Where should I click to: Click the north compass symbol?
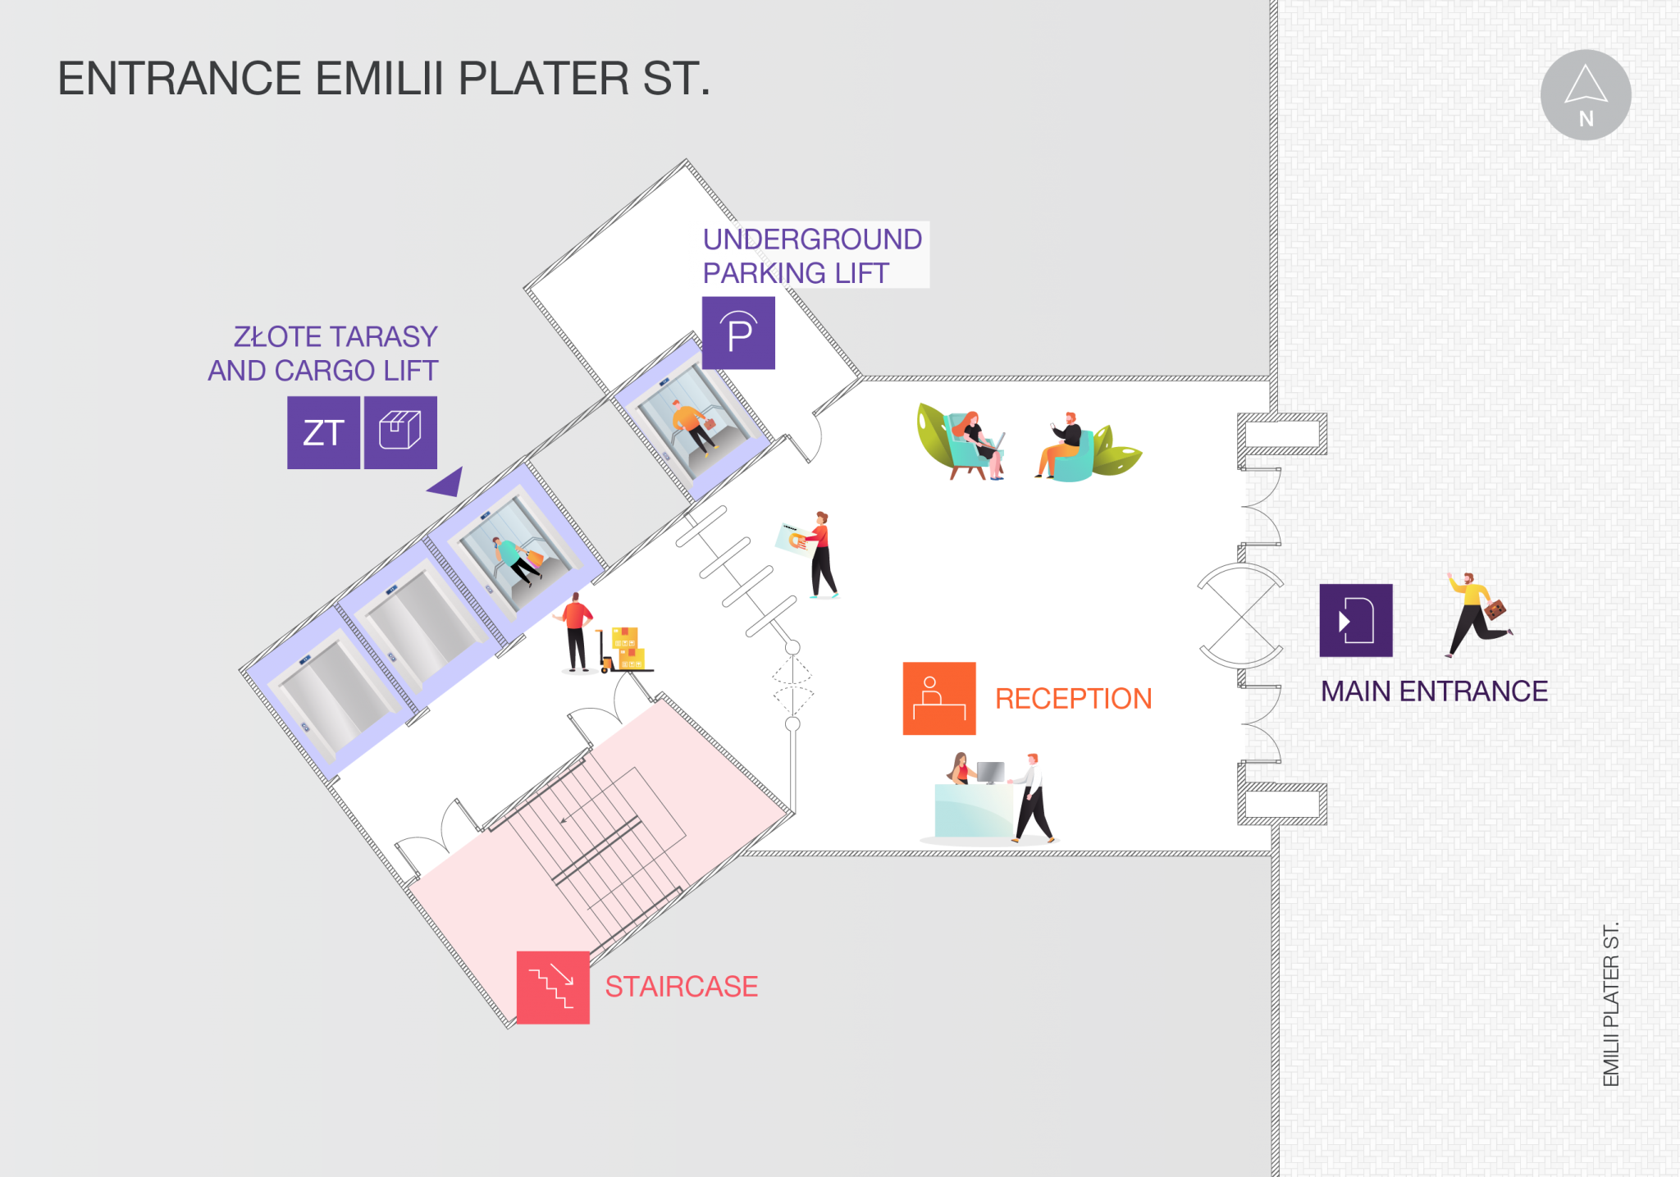(1585, 95)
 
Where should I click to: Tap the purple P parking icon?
(738, 333)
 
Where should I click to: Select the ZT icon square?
(323, 432)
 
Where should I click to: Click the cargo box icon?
(400, 432)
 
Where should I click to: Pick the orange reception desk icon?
(939, 698)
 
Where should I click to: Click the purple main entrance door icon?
(1355, 620)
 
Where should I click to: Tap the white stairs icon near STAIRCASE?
(552, 985)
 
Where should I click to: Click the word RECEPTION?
(1073, 698)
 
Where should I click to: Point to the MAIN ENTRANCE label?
(1434, 691)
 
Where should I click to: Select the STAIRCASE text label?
(681, 986)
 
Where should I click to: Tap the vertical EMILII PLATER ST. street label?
(1611, 1006)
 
